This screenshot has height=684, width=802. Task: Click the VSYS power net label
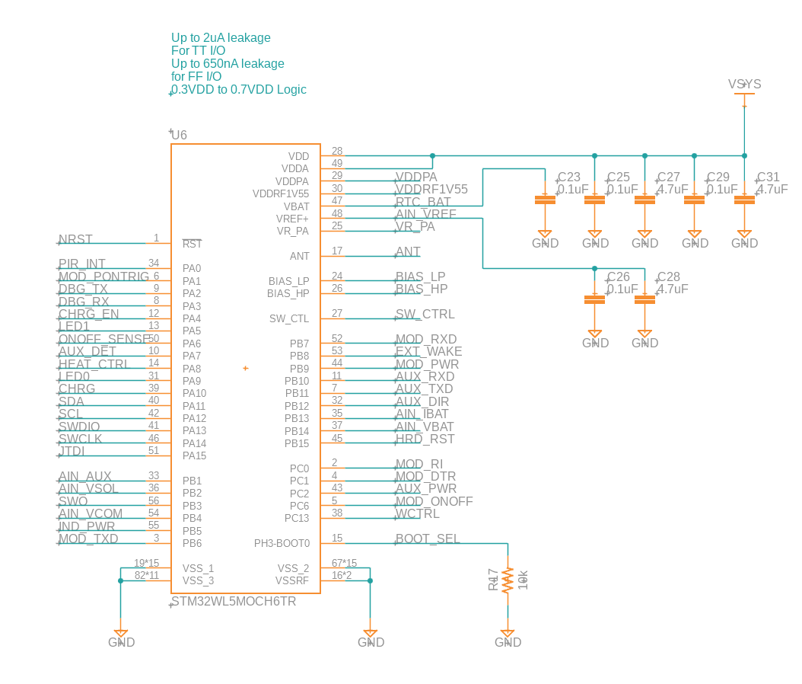(x=744, y=85)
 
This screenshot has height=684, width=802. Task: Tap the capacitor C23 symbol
(x=544, y=200)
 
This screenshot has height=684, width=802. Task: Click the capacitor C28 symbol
(x=644, y=299)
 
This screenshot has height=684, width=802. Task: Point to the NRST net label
(x=75, y=240)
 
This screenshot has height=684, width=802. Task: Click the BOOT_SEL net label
(x=428, y=539)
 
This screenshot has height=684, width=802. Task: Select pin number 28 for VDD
(x=337, y=152)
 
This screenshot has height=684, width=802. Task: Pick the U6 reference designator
(x=179, y=136)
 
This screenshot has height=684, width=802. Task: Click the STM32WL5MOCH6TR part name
(x=234, y=602)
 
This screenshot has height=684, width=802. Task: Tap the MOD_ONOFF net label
(x=434, y=502)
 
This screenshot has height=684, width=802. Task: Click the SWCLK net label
(x=80, y=439)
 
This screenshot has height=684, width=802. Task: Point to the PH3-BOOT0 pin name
(x=282, y=543)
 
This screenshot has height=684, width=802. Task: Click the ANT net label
(x=408, y=252)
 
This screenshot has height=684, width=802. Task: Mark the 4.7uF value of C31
(x=772, y=190)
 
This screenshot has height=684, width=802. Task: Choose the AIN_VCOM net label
(x=91, y=514)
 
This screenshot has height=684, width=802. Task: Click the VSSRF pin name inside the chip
(x=292, y=580)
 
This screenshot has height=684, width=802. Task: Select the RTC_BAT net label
(x=423, y=203)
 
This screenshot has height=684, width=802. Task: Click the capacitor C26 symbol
(x=594, y=299)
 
